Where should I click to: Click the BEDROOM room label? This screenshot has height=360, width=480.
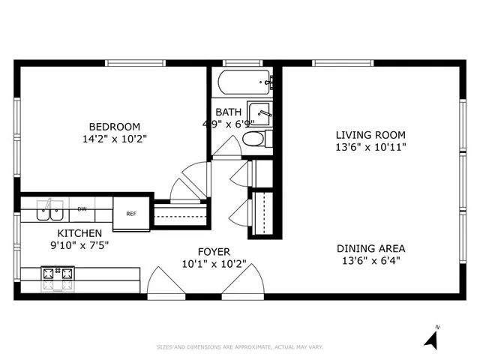click(114, 126)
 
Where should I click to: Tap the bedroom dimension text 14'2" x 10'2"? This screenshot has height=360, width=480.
click(114, 139)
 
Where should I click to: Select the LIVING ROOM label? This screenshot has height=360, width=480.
click(370, 135)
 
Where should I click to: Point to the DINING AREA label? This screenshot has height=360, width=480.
click(370, 248)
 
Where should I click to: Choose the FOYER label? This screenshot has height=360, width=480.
click(214, 251)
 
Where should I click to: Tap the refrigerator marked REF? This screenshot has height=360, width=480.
click(131, 214)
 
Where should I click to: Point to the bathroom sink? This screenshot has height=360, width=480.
click(259, 113)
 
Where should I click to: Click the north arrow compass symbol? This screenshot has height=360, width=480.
click(430, 339)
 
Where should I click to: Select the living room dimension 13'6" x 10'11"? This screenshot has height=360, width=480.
click(370, 147)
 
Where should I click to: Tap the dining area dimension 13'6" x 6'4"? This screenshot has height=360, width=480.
click(370, 261)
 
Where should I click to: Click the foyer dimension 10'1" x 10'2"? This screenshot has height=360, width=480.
click(214, 264)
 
